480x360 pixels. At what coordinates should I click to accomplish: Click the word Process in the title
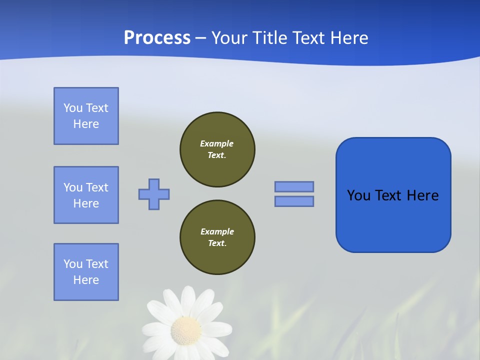[x=157, y=38]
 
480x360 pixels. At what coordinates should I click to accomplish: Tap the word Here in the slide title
[x=348, y=38]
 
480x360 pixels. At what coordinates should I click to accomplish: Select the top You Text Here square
[x=86, y=116]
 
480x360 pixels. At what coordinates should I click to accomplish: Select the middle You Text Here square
[x=86, y=195]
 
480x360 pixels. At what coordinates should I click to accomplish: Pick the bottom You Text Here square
[x=86, y=272]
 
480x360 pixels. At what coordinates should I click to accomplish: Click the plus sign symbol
[x=154, y=194]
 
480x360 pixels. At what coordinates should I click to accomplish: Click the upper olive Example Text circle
[x=217, y=149]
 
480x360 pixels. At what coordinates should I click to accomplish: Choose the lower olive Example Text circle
[x=217, y=237]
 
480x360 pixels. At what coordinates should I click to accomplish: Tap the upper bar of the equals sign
[x=294, y=186]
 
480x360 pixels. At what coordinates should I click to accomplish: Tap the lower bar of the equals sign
[x=294, y=201]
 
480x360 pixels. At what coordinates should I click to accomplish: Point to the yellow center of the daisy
[x=186, y=329]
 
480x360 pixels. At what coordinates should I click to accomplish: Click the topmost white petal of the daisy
[x=188, y=298]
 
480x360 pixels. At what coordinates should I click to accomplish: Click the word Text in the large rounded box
[x=389, y=195]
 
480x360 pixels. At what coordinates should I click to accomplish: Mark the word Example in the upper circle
[x=216, y=143]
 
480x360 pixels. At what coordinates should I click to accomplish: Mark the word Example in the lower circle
[x=217, y=231]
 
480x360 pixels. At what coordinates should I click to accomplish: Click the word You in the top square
[x=73, y=108]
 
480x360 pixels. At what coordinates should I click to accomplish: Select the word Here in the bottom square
[x=86, y=280]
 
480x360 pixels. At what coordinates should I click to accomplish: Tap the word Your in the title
[x=228, y=38]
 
